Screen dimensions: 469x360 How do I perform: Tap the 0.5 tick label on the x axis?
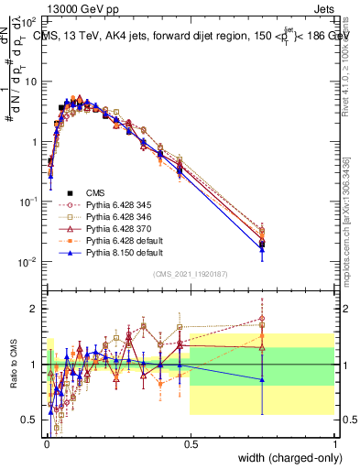[191, 442]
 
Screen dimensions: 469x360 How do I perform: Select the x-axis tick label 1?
[335, 442]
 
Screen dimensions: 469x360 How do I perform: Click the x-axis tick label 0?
[46, 442]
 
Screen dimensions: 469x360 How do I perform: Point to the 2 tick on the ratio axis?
[36, 309]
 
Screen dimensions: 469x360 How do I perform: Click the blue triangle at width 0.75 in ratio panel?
[263, 379]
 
